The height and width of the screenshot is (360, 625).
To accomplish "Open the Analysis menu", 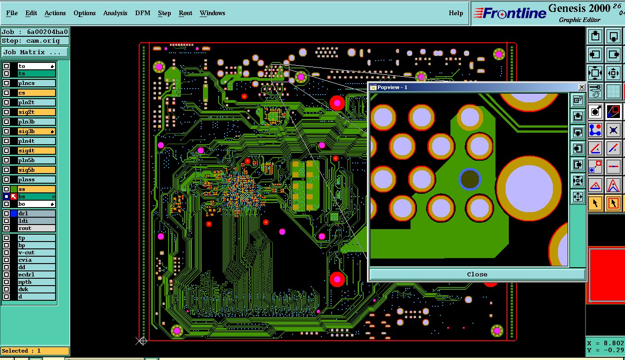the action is pos(115,13).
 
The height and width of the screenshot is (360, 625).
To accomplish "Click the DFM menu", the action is pos(142,13).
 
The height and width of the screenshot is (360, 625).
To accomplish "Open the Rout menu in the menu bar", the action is pos(185,13).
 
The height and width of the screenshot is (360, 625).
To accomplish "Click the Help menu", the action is pos(456,13).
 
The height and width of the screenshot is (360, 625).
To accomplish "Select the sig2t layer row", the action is pos(36,112).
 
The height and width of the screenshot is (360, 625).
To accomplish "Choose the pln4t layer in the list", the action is pos(36,141).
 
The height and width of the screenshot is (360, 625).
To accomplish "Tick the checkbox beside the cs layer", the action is pos(6,93).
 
